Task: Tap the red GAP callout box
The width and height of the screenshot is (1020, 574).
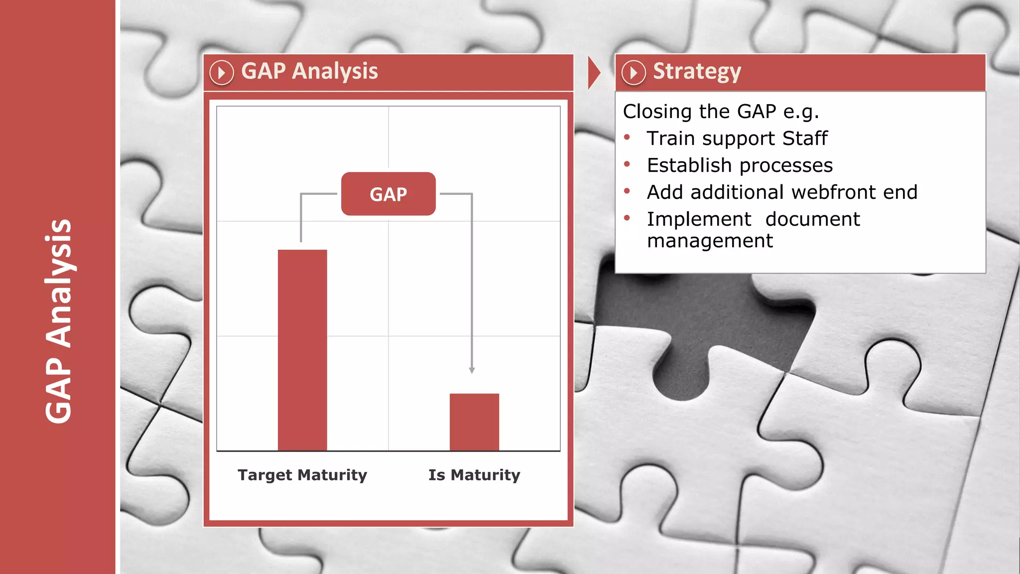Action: tap(388, 194)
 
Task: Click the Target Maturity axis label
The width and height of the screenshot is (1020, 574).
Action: tap(302, 475)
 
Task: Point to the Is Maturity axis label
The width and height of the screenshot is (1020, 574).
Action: tap(474, 475)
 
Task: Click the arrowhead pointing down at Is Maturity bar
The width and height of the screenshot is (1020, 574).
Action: tap(472, 370)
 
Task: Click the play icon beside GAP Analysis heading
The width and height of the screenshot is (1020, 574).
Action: tap(222, 73)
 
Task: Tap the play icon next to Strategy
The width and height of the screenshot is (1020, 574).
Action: tap(634, 73)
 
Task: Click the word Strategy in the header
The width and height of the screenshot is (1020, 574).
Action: tap(697, 72)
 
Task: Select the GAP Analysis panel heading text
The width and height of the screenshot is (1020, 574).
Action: tap(309, 71)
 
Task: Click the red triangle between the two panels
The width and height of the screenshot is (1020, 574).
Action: tap(593, 73)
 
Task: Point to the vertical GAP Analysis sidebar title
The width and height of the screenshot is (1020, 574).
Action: tap(59, 321)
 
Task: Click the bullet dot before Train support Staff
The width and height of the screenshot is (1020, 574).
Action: tap(627, 137)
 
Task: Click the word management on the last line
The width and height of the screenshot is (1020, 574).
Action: tap(710, 241)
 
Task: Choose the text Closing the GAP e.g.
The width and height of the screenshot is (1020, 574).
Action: tap(721, 112)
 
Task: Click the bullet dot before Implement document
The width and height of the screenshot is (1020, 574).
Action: tap(627, 218)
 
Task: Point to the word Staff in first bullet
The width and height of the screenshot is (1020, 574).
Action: tap(805, 139)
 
